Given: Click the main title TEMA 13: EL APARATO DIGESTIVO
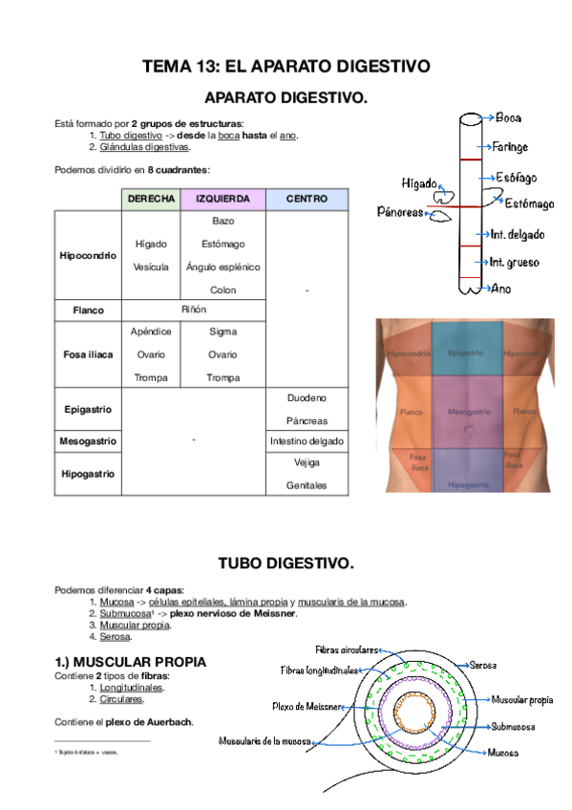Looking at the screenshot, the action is coord(286,67).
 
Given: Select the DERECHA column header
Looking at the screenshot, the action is coord(148,199).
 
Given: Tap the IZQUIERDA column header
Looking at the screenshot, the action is coord(222,199).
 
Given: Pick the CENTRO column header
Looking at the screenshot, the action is coord(307,199).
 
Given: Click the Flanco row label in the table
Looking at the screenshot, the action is coord(88,310).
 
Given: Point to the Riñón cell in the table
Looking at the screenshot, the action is coord(194,310).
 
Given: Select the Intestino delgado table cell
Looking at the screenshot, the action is coord(307,442).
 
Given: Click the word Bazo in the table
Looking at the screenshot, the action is coord(222,221).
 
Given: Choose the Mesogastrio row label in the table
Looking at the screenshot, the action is coord(88,442).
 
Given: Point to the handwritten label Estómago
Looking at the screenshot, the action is coord(528,202).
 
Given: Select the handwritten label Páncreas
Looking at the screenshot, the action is coord(399,213).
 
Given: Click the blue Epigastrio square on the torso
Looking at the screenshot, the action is coord(465,353).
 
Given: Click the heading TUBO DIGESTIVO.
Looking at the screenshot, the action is coord(286,564).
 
